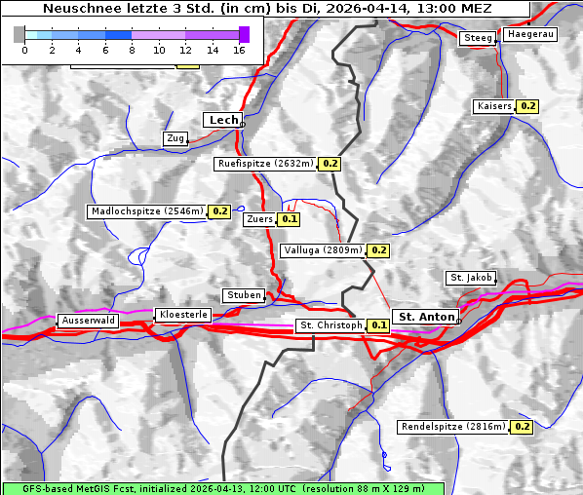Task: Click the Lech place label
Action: pos(222,120)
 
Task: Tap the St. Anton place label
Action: pos(427,317)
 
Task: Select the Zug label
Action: pos(175,138)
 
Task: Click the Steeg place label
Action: pos(478,38)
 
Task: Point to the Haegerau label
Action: pos(530,34)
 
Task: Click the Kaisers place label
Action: pos(493,105)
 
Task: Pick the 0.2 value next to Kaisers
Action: pos(527,105)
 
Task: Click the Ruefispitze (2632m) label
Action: pos(265,164)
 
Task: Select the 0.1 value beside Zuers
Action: pos(290,219)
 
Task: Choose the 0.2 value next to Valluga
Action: pos(379,250)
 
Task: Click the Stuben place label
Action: pos(243,295)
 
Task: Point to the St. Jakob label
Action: pos(471,278)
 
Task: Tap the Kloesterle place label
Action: pos(181,315)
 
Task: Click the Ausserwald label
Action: pos(88,320)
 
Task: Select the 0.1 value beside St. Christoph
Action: pos(379,324)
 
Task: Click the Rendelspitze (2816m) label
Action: pos(453,427)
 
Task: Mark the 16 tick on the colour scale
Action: pos(239,49)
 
